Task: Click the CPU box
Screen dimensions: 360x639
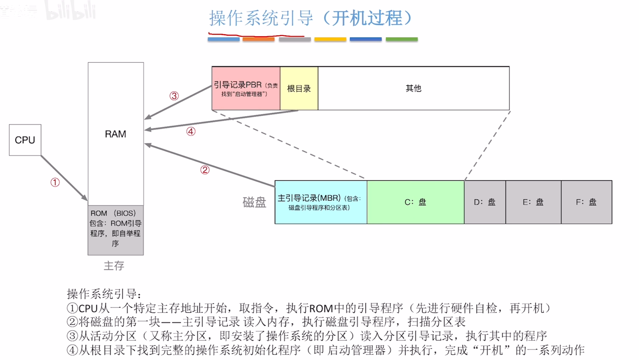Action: [x=25, y=140]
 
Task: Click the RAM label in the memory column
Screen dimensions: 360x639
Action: [x=115, y=134]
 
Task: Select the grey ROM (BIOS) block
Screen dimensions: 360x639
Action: [x=115, y=230]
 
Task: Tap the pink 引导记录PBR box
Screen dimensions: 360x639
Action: [x=246, y=88]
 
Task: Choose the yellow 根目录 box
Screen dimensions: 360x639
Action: [x=299, y=88]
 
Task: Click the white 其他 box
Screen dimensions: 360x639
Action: [x=413, y=88]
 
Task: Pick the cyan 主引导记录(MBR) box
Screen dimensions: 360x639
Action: [x=321, y=202]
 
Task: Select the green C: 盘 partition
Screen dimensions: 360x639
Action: [x=415, y=202]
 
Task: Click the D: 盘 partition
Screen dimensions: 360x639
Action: [x=485, y=202]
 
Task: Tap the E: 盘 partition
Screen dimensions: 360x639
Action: [x=533, y=202]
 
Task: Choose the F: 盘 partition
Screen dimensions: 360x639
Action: [x=586, y=202]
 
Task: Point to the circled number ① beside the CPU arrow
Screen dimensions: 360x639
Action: [x=55, y=182]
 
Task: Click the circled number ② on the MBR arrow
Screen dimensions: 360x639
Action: [x=205, y=170]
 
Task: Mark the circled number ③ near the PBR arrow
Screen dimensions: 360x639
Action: [x=174, y=96]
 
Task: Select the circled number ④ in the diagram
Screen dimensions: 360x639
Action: [x=191, y=131]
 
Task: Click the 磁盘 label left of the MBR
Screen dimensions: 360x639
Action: [x=254, y=202]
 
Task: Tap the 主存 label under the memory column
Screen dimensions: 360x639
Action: [x=114, y=265]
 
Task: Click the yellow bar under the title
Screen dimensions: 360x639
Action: [x=330, y=39]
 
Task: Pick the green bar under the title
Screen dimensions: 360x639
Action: [x=402, y=39]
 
